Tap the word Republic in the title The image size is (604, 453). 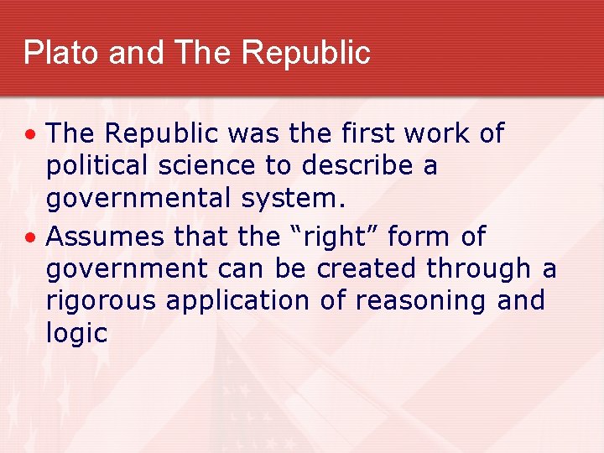click(305, 52)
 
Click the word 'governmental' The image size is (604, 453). click(138, 199)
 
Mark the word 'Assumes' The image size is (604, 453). click(106, 237)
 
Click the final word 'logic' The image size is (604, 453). click(76, 333)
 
